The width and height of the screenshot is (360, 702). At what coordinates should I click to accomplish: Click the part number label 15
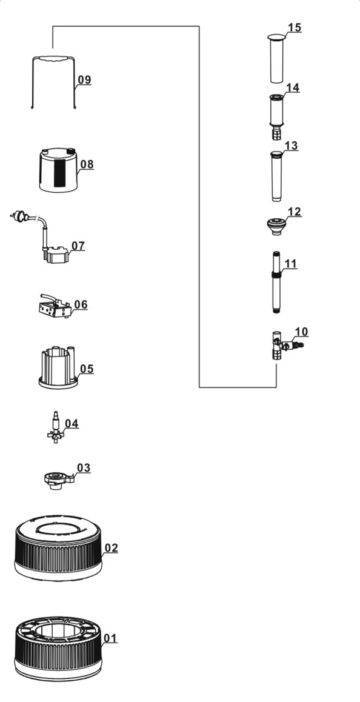[x=295, y=27]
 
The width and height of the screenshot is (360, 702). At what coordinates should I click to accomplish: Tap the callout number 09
[x=84, y=79]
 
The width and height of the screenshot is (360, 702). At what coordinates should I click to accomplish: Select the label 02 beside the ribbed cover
[x=111, y=547]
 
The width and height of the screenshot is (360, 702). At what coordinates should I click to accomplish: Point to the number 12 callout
[x=294, y=211]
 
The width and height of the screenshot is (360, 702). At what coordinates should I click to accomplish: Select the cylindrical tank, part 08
[x=58, y=170]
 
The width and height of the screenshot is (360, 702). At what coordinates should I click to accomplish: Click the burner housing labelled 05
[x=59, y=367]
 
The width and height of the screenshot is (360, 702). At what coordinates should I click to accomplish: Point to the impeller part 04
[x=56, y=427]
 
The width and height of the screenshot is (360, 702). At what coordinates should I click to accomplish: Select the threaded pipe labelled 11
[x=276, y=282]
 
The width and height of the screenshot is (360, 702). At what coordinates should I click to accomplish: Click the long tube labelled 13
[x=276, y=176]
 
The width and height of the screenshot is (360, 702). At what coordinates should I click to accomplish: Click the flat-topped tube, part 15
[x=277, y=58]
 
